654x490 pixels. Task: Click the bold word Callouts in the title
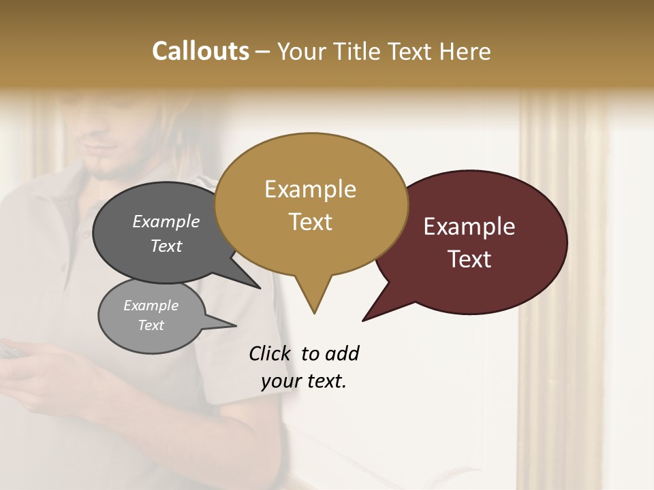point(200,51)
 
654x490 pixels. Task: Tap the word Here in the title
point(465,51)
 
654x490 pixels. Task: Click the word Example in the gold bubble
point(311,189)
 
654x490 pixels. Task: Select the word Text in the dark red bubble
point(469,259)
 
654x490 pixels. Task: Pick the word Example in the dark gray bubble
point(166,221)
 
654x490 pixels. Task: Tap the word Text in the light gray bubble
point(151,325)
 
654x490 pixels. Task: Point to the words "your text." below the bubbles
point(304,381)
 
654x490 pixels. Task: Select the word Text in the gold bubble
point(311,222)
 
